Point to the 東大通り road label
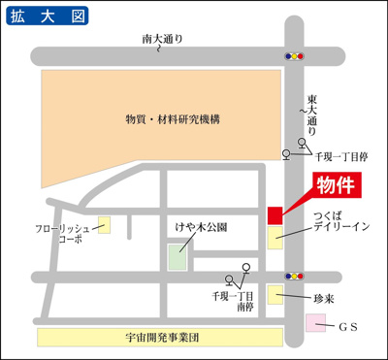pos(311,112)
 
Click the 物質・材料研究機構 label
pos(173,118)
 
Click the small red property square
pos(275,214)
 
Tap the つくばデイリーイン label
pos(340,220)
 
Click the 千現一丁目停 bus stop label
pos(340,154)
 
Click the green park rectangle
pos(178,258)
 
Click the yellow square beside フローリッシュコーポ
pos(104,224)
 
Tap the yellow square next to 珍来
pos(276,295)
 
